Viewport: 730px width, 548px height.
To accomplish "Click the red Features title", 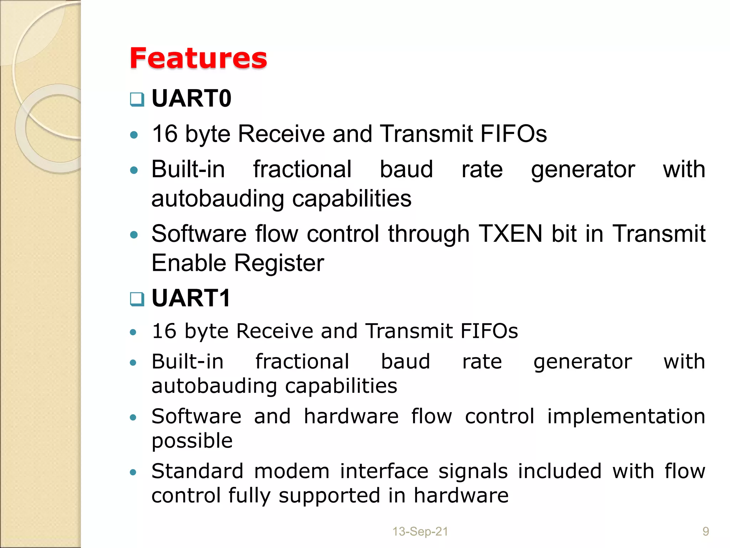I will tap(198, 58).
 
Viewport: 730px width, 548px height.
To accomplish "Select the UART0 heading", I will tap(191, 98).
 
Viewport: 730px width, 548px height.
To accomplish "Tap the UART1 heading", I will tap(191, 298).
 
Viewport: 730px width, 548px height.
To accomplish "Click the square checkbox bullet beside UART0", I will tap(137, 100).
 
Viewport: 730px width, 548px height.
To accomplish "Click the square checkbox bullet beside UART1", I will tap(137, 299).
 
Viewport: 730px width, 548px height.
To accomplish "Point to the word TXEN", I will tap(510, 234).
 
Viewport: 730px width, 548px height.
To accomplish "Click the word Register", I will tap(279, 263).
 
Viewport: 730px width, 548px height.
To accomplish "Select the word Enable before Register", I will tap(189, 263).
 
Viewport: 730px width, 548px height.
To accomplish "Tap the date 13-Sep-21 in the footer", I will tap(420, 532).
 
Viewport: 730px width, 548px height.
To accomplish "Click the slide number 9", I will tap(705, 532).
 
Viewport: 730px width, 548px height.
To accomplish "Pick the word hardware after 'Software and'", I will tap(351, 417).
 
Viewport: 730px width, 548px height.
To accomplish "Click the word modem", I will tap(292, 471).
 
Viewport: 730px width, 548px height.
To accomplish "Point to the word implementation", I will tap(626, 417).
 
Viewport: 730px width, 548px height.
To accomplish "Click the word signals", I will tap(473, 471).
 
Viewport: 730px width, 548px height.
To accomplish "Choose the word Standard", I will tap(197, 471).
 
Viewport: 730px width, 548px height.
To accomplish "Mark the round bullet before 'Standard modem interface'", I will tap(133, 472).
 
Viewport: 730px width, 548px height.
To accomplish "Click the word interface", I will tap(384, 471).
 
